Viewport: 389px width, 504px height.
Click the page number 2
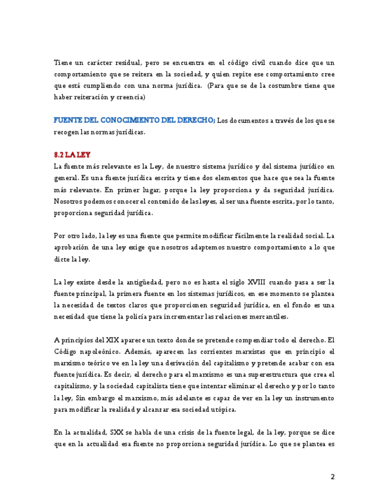(333, 477)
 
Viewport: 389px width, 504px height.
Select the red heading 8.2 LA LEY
(72, 155)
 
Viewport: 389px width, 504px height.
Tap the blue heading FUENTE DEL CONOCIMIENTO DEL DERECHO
(134, 121)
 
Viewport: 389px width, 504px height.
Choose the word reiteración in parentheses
(94, 97)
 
